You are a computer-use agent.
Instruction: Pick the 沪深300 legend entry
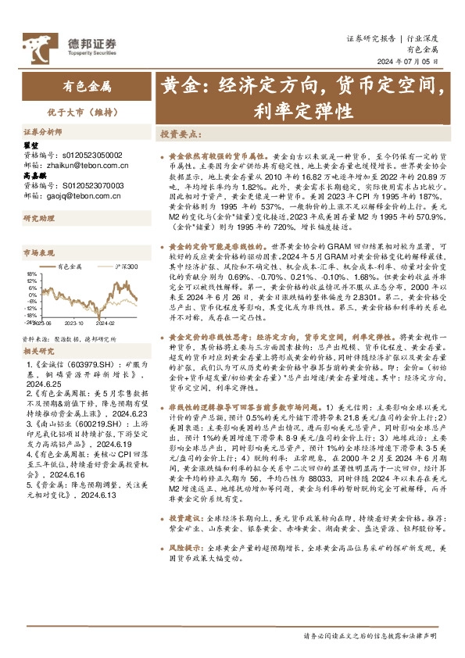point(124,266)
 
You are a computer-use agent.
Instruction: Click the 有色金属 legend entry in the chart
point(74,266)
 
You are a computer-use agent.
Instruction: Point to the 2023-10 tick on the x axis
point(77,321)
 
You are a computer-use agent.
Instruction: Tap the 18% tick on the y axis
point(31,274)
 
